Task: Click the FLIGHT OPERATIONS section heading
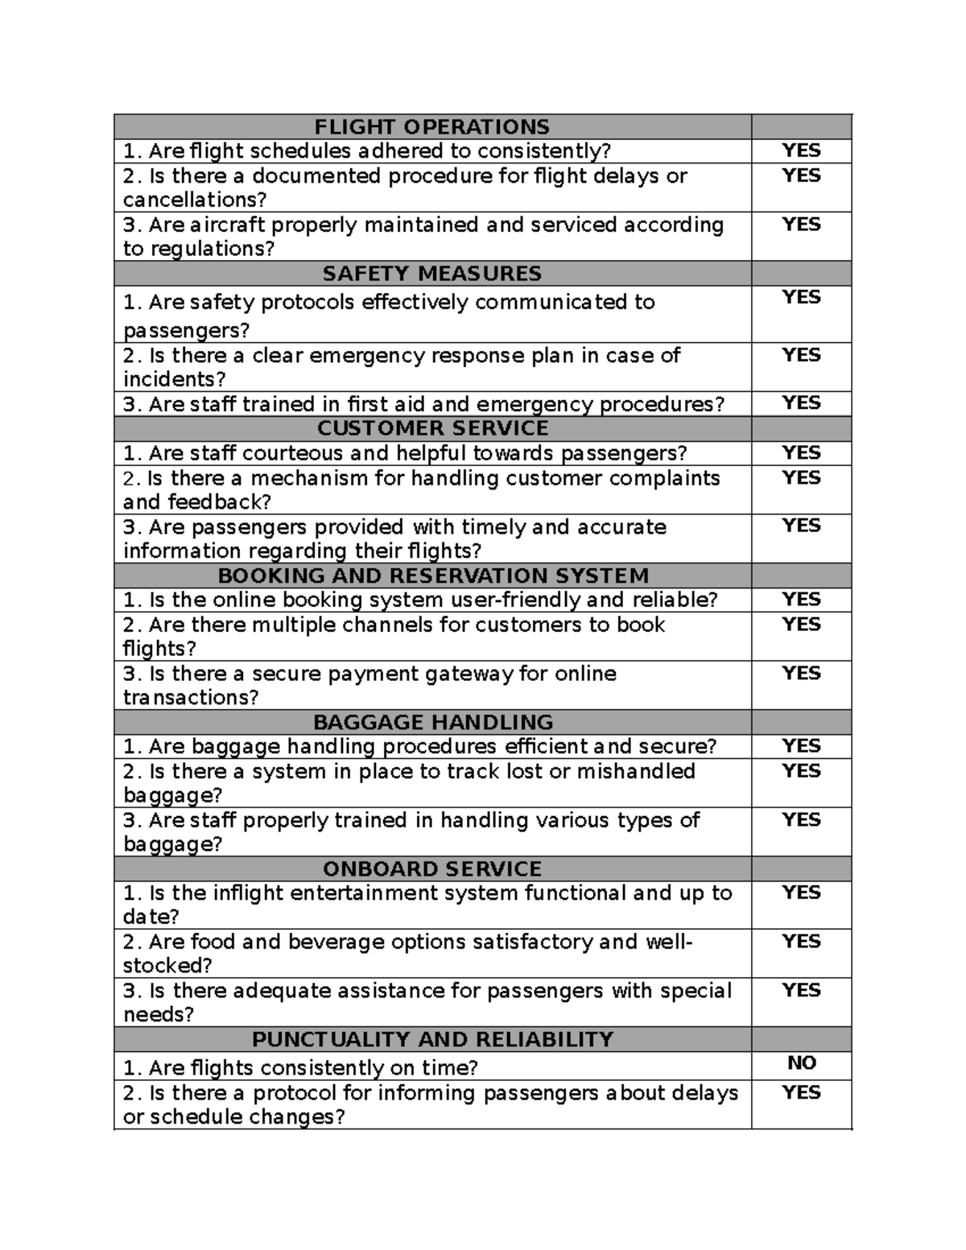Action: pyautogui.click(x=431, y=127)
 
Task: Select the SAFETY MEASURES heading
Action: pyautogui.click(x=431, y=274)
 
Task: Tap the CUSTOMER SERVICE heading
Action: pyautogui.click(x=432, y=428)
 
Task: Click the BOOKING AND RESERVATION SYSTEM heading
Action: pyautogui.click(x=433, y=575)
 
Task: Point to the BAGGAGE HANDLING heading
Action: pyautogui.click(x=432, y=722)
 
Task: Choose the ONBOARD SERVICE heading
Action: pyautogui.click(x=432, y=869)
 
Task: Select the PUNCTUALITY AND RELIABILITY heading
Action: pyautogui.click(x=432, y=1039)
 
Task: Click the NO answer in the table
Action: pyautogui.click(x=802, y=1063)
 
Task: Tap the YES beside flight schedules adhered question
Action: pyautogui.click(x=802, y=151)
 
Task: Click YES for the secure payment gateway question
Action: pyautogui.click(x=802, y=674)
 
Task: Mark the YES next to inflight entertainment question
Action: pyautogui.click(x=802, y=893)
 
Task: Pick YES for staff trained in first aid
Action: pyautogui.click(x=802, y=403)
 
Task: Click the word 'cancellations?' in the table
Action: pyautogui.click(x=194, y=200)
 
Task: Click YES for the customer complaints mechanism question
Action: pyautogui.click(x=802, y=478)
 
